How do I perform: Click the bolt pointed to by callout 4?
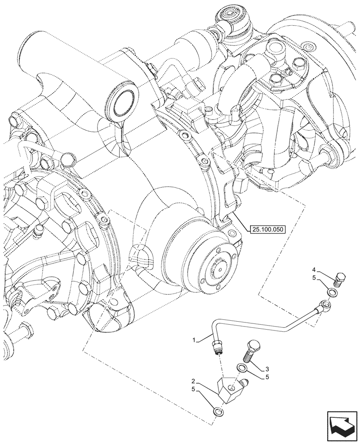click(341, 278)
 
